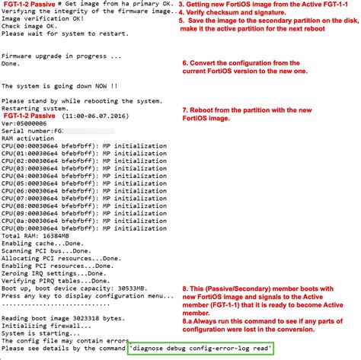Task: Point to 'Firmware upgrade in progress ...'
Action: coord(61,57)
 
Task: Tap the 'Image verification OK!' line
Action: coord(46,20)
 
